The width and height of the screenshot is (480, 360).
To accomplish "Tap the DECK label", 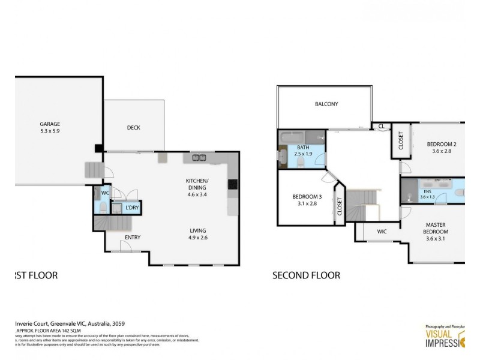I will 133,127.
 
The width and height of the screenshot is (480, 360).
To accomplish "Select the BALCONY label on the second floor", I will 326,104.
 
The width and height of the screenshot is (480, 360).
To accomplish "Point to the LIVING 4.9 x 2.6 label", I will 199,234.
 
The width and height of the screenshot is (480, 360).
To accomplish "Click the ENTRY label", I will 132,238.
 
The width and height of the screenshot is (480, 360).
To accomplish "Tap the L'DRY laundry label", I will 132,208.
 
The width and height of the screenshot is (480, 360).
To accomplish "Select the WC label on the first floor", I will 105,193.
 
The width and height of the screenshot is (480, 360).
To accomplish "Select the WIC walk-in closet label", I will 382,231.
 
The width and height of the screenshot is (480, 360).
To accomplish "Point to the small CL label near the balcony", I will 381,126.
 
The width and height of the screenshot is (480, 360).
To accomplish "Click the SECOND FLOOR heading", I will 306,276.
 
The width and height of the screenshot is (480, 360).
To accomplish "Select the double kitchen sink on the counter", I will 199,158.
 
